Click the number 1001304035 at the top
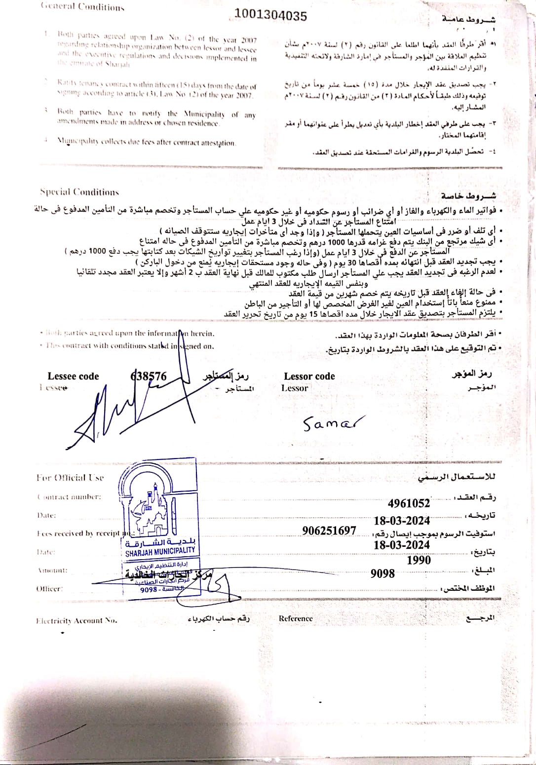[x=270, y=16]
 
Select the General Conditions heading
[x=82, y=7]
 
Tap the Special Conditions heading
[x=79, y=192]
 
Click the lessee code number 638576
[x=149, y=376]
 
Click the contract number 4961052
[x=409, y=503]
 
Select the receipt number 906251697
[x=329, y=531]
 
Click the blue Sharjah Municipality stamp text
[x=160, y=551]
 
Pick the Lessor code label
[x=309, y=376]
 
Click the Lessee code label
[x=73, y=376]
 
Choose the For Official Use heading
[x=70, y=477]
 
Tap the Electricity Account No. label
[x=77, y=620]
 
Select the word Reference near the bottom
[x=296, y=618]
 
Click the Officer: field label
[x=49, y=588]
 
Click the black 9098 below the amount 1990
[x=383, y=574]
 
